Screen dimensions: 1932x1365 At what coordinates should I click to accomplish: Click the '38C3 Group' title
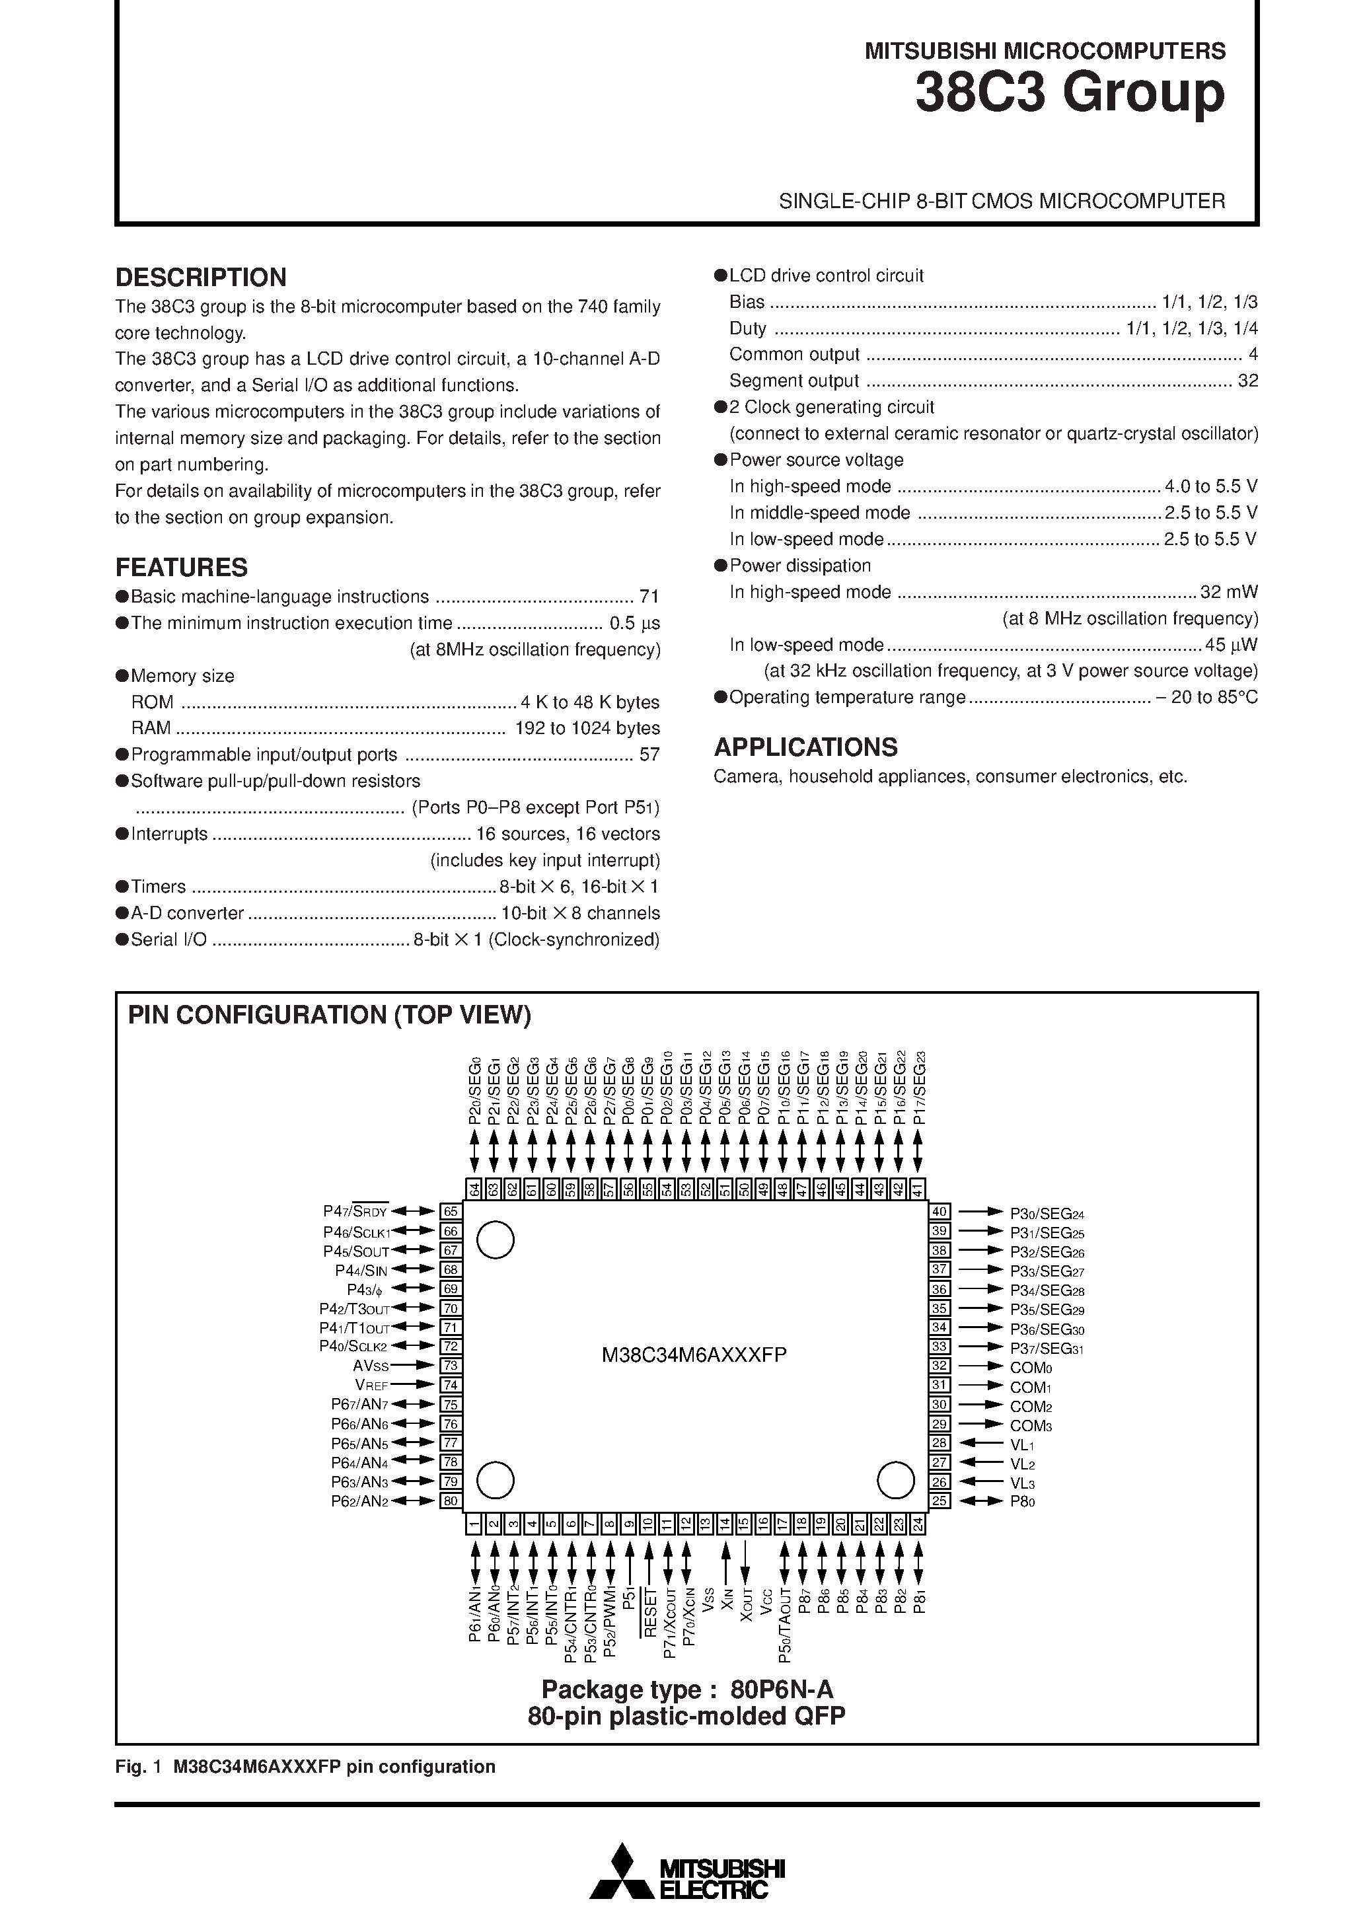coord(1070,93)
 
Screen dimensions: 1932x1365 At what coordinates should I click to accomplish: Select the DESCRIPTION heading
coord(200,277)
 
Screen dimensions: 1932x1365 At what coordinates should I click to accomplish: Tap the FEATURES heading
coord(181,567)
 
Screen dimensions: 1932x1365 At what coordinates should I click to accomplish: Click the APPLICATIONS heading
coord(805,747)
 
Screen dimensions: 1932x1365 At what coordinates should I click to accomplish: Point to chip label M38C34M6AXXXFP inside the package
coord(694,1355)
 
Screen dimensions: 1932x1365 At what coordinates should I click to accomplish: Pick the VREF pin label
coord(371,1385)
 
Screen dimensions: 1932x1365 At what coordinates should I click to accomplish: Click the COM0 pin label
coord(1031,1367)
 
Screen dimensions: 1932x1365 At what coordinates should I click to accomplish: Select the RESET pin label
coord(649,1612)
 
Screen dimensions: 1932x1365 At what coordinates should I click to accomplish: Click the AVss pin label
coord(371,1366)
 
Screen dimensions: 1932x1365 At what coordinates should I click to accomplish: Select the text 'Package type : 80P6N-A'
coord(686,1689)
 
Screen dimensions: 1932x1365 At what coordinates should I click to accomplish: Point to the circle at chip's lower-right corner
coord(895,1480)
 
